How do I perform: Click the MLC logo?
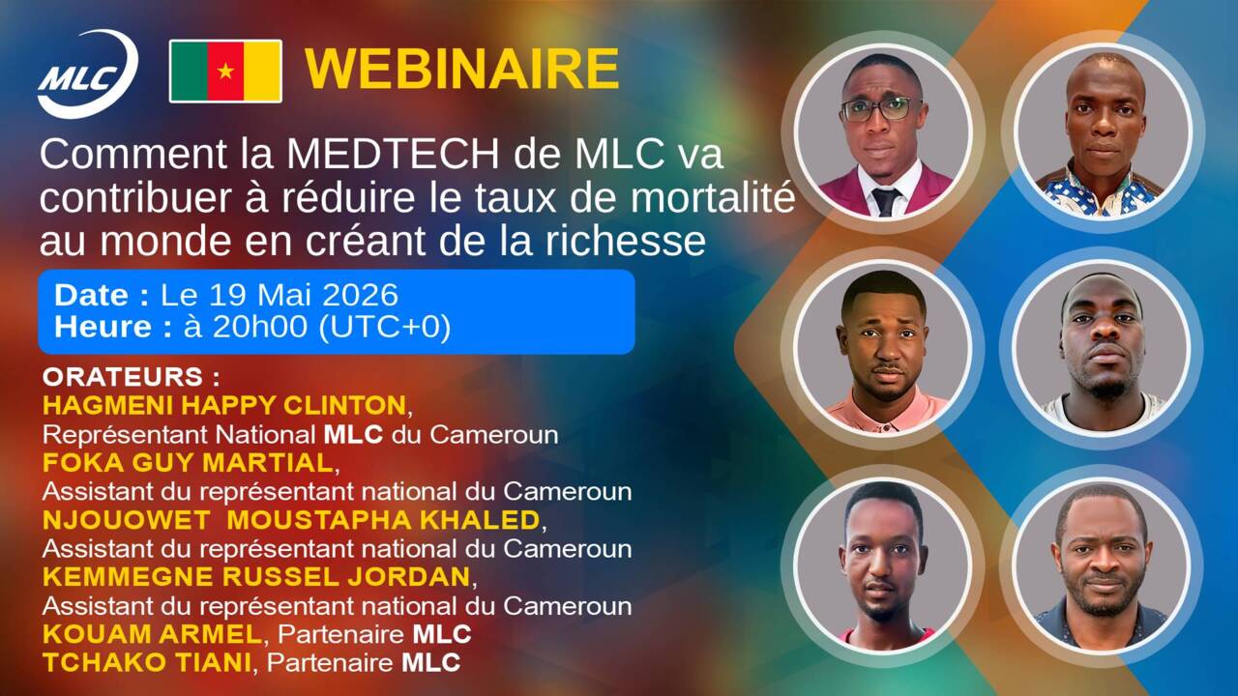click(87, 73)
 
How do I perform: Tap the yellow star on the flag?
click(225, 72)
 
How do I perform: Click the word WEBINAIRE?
click(462, 69)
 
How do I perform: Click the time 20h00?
click(259, 327)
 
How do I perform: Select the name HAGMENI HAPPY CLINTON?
click(224, 405)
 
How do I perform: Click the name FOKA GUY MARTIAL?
click(188, 463)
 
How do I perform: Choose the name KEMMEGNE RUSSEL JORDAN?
click(256, 577)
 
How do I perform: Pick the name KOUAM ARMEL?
click(152, 634)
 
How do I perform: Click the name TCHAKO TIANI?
click(147, 662)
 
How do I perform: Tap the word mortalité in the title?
click(713, 197)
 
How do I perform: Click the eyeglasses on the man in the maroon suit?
click(880, 109)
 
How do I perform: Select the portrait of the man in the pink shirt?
click(883, 347)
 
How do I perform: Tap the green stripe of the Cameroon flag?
click(189, 72)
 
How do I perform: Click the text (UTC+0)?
click(385, 327)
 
